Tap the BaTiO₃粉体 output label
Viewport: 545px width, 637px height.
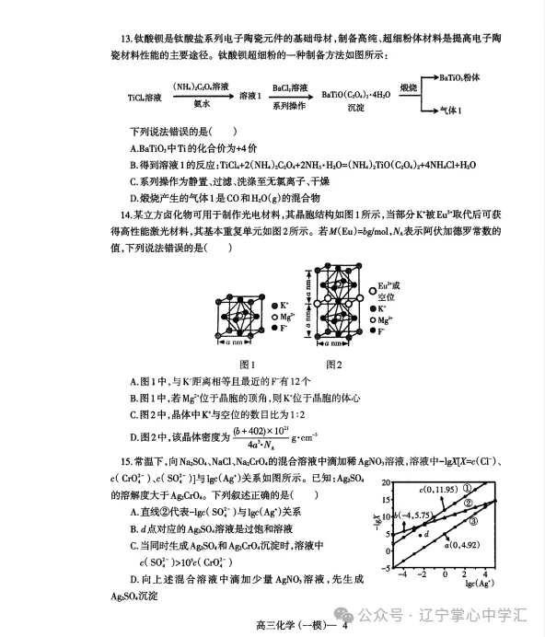pos(461,78)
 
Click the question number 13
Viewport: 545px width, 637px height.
pos(129,38)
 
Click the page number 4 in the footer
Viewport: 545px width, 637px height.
pos(343,626)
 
